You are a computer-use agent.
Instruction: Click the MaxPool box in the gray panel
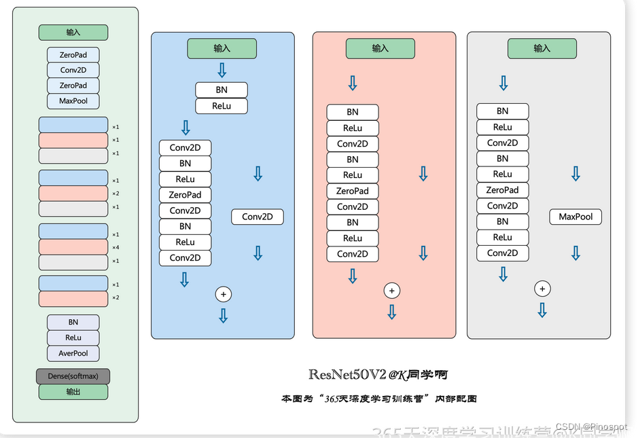(575, 217)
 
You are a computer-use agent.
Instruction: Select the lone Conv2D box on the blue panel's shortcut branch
(258, 217)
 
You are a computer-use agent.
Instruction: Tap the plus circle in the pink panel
(391, 291)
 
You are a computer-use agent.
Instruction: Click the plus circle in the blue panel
(223, 294)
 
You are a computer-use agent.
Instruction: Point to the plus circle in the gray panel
(542, 289)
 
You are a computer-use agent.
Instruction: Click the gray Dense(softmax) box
(73, 376)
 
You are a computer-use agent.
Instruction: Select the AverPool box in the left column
(73, 353)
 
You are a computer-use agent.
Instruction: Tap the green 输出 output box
(73, 392)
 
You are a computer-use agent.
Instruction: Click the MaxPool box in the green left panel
(73, 101)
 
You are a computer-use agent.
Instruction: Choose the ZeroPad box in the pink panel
(352, 191)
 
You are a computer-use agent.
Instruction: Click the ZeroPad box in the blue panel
(185, 195)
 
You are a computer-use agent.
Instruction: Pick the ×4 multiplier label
(116, 247)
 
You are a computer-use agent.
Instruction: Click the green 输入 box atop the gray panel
(542, 48)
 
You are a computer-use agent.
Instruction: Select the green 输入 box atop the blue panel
(221, 48)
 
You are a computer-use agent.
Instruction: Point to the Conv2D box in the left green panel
(73, 70)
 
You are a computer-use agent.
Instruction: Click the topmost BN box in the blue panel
(221, 90)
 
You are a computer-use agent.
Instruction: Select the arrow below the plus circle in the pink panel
(391, 312)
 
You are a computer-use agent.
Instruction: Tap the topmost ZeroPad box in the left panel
(73, 54)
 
